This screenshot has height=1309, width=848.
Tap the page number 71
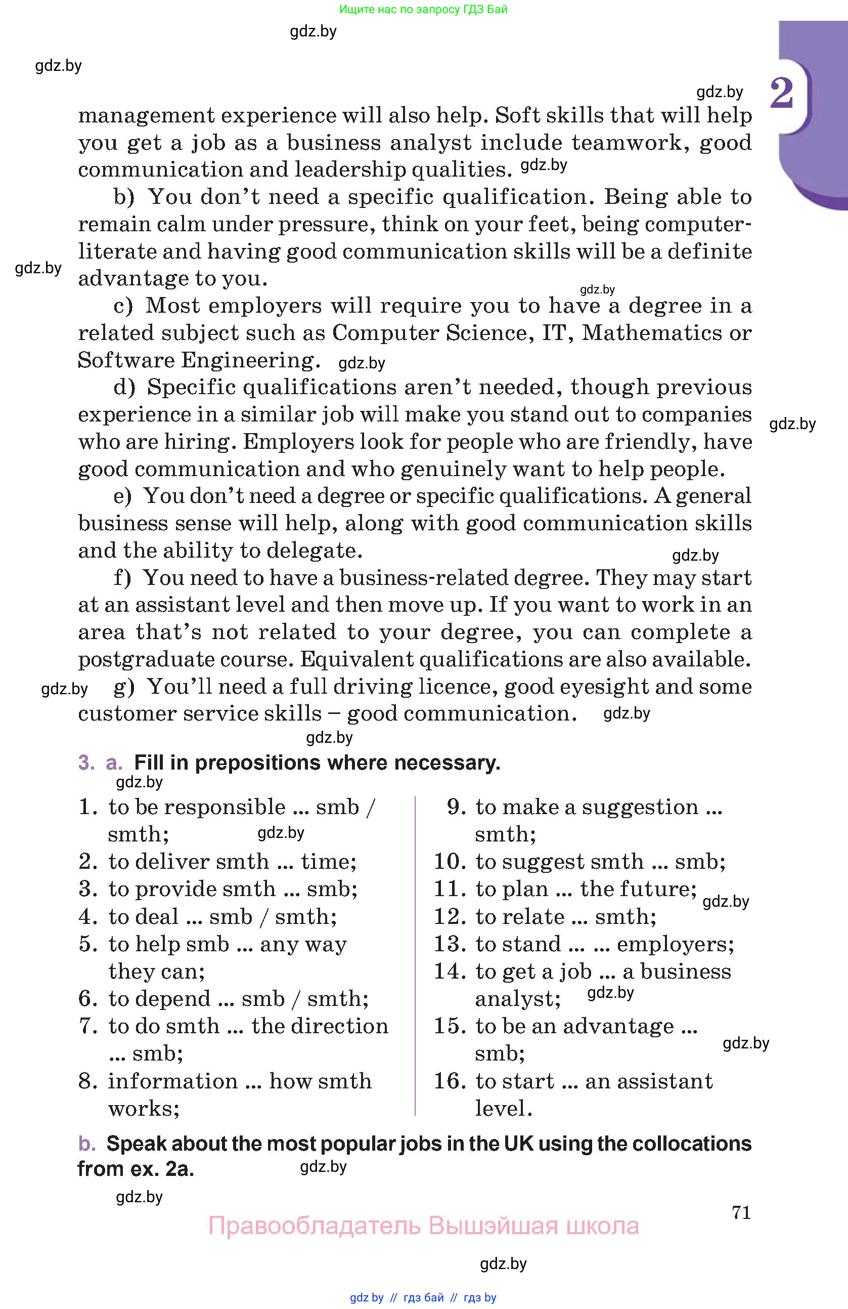point(741,1212)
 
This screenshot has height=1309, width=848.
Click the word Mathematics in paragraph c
point(652,333)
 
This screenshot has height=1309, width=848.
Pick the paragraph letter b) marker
point(124,197)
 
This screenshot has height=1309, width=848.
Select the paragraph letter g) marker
point(124,687)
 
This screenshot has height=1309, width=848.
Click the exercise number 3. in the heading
point(87,763)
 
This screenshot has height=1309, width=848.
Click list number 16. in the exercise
point(450,1081)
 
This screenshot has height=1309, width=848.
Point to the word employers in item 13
point(676,944)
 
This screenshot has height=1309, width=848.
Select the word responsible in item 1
point(225,807)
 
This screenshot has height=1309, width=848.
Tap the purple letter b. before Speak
point(87,1144)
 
